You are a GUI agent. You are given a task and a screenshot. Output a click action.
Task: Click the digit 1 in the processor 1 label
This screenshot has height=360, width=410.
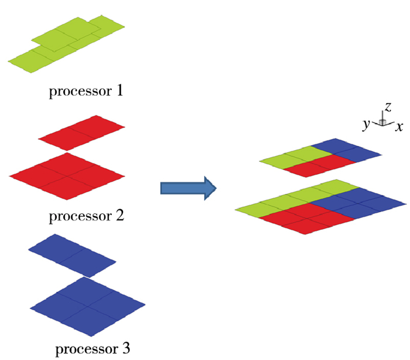tap(119, 91)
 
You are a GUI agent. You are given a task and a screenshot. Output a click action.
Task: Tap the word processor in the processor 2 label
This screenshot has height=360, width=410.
tap(81, 217)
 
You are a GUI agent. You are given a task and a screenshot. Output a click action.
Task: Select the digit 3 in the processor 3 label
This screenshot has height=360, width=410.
tap(126, 348)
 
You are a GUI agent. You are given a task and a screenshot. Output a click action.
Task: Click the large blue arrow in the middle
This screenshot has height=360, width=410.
tap(188, 188)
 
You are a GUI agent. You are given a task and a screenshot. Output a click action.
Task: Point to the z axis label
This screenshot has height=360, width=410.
tap(388, 107)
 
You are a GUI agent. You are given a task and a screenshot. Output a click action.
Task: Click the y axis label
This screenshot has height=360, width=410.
tap(366, 124)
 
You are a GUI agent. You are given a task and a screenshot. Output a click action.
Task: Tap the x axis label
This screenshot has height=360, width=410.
tap(399, 127)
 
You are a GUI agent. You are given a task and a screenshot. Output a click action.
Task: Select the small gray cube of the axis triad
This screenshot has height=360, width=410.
tap(382, 122)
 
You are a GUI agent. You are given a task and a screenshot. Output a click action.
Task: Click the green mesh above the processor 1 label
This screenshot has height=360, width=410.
tap(66, 44)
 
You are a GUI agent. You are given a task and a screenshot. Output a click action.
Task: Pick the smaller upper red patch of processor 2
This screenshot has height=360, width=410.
tap(81, 133)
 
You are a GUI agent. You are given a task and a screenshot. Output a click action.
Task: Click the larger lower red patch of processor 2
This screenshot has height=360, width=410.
tap(67, 176)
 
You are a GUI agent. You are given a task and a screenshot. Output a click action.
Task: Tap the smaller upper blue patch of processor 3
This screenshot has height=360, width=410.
tap(72, 255)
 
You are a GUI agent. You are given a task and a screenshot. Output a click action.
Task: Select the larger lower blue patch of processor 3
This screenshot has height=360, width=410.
tap(88, 306)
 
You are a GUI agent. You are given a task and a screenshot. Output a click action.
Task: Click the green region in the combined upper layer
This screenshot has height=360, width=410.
tap(295, 158)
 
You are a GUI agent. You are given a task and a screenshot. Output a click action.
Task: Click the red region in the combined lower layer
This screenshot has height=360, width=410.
tap(306, 219)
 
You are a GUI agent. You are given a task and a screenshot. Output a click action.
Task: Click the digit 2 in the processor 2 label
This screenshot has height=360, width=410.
tap(120, 216)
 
